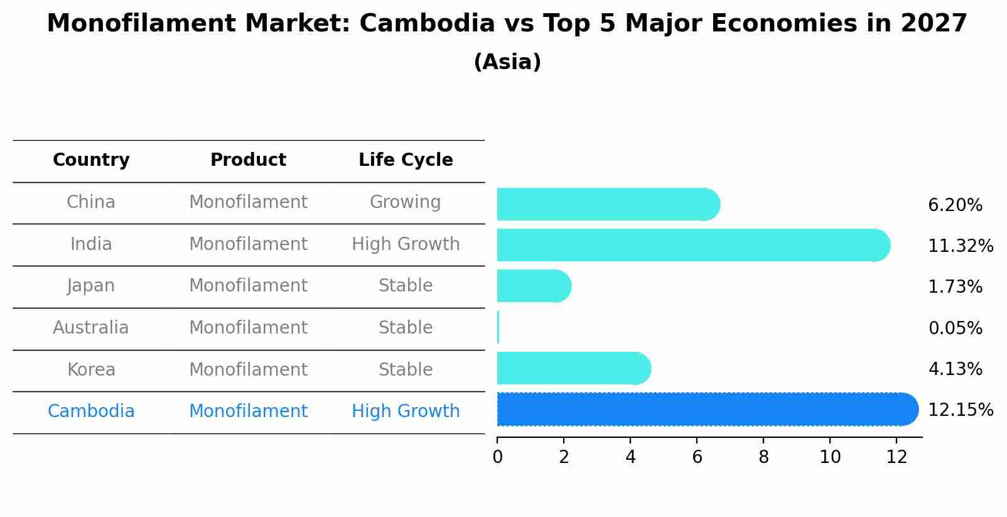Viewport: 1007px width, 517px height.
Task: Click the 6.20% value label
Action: click(955, 205)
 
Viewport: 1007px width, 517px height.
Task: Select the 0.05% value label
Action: click(955, 328)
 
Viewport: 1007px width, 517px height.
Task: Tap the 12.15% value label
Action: click(960, 410)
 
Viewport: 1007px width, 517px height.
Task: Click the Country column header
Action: click(91, 160)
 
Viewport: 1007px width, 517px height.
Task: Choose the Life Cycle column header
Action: click(406, 160)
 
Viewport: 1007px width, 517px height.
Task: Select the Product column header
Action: click(248, 160)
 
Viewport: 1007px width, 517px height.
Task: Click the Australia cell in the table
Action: click(91, 328)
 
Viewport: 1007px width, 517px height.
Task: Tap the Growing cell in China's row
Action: click(405, 202)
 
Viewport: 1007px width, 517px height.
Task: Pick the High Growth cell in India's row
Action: click(406, 244)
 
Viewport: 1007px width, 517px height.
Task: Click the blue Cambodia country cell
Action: click(91, 411)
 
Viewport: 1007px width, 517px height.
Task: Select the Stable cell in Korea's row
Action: click(406, 370)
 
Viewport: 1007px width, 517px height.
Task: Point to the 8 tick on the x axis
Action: click(763, 457)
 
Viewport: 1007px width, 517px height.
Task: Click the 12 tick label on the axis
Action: click(897, 457)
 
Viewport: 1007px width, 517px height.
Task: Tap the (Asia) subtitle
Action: click(507, 62)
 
